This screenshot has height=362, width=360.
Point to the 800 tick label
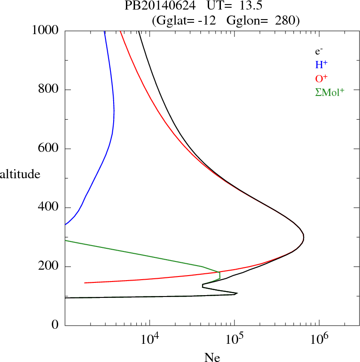point(50,90)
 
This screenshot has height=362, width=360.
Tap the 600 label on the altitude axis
point(50,149)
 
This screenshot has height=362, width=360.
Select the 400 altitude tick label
point(50,208)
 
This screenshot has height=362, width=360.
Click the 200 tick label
point(50,266)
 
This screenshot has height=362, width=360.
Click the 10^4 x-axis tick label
point(150,339)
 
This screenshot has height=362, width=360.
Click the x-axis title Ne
point(212,357)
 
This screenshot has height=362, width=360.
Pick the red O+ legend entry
point(321,78)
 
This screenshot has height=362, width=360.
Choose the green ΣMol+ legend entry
point(330,91)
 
